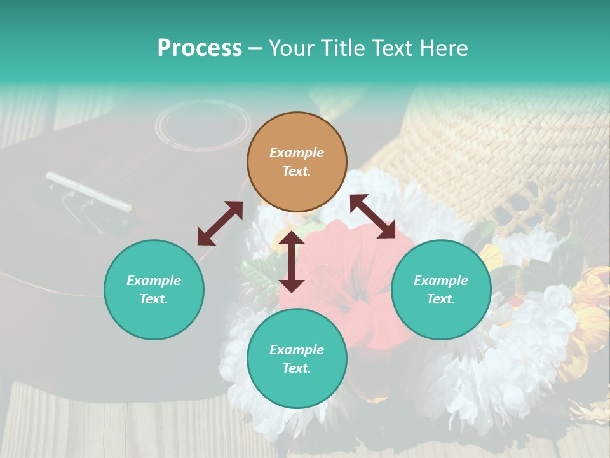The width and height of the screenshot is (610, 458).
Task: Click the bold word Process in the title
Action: click(200, 48)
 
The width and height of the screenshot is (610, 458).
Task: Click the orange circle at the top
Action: click(297, 162)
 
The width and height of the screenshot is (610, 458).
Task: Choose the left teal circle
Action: click(154, 289)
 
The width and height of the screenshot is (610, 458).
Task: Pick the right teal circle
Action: click(441, 289)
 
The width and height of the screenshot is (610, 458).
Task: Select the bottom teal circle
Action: click(297, 359)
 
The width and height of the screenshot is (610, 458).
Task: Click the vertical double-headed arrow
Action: click(292, 261)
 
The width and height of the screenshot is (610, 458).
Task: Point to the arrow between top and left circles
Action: click(220, 223)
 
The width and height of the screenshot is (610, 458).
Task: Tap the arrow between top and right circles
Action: click(373, 216)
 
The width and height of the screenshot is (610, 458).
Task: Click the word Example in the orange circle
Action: click(297, 153)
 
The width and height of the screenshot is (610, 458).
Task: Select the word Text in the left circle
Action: click(154, 299)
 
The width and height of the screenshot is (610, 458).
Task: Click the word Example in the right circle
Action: click(441, 281)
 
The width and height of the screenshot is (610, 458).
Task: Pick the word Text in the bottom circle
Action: click(297, 368)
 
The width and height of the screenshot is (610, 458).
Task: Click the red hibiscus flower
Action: click(356, 280)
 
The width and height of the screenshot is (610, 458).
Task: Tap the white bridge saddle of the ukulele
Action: click(89, 191)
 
